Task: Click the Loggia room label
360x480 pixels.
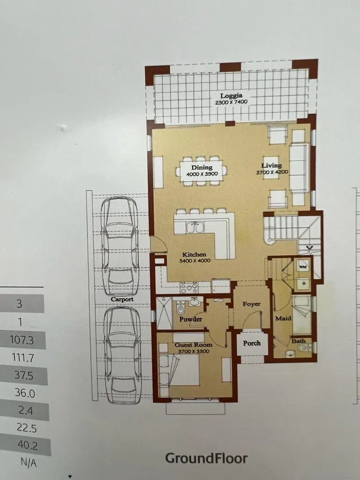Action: click(x=232, y=96)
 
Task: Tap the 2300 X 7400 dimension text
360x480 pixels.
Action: click(x=231, y=102)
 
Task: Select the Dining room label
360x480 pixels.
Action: click(x=202, y=167)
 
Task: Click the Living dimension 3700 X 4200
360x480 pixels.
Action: click(x=272, y=172)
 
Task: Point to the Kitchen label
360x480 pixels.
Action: click(x=194, y=255)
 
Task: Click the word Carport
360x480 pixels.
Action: click(x=122, y=300)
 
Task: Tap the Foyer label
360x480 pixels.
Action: click(x=252, y=304)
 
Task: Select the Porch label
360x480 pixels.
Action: click(x=252, y=343)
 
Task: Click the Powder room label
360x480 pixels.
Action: click(x=191, y=319)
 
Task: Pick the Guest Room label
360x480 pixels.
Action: click(x=193, y=345)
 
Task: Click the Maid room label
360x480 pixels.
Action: click(x=283, y=318)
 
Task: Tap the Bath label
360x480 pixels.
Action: click(x=298, y=341)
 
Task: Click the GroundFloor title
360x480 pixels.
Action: click(x=206, y=458)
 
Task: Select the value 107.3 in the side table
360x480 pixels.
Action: click(x=22, y=340)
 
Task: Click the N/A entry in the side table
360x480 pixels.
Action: click(x=29, y=463)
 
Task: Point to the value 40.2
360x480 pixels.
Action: click(x=28, y=445)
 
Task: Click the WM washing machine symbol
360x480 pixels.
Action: click(x=302, y=267)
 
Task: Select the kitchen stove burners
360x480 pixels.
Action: click(x=190, y=287)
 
